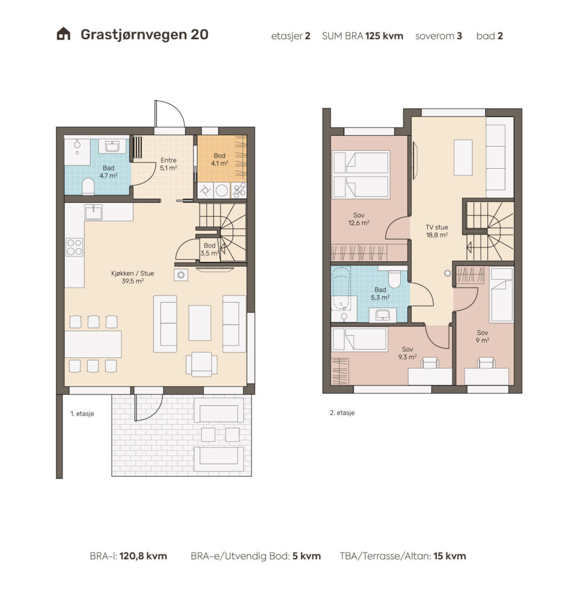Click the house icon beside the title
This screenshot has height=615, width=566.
click(63, 34)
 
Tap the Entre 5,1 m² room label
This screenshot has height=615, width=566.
click(168, 164)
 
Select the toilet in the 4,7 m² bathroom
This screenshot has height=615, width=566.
click(88, 187)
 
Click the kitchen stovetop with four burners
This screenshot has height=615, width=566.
click(74, 247)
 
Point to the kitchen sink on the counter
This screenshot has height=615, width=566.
click(93, 213)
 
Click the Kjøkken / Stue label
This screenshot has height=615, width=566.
click(132, 277)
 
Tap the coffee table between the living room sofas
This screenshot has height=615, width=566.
click(200, 323)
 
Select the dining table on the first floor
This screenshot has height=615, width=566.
click(93, 344)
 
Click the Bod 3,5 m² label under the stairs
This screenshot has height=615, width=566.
click(209, 249)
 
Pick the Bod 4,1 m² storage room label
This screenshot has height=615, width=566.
click(219, 159)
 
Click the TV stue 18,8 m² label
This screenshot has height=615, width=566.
click(437, 231)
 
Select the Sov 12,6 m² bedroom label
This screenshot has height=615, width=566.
click(359, 219)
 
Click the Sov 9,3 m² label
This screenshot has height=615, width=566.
click(407, 353)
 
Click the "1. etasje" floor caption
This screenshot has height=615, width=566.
click(82, 413)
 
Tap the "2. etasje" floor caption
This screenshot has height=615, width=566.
click(342, 413)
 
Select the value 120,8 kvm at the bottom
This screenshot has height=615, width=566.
click(143, 556)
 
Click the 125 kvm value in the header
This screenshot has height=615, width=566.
click(385, 35)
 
